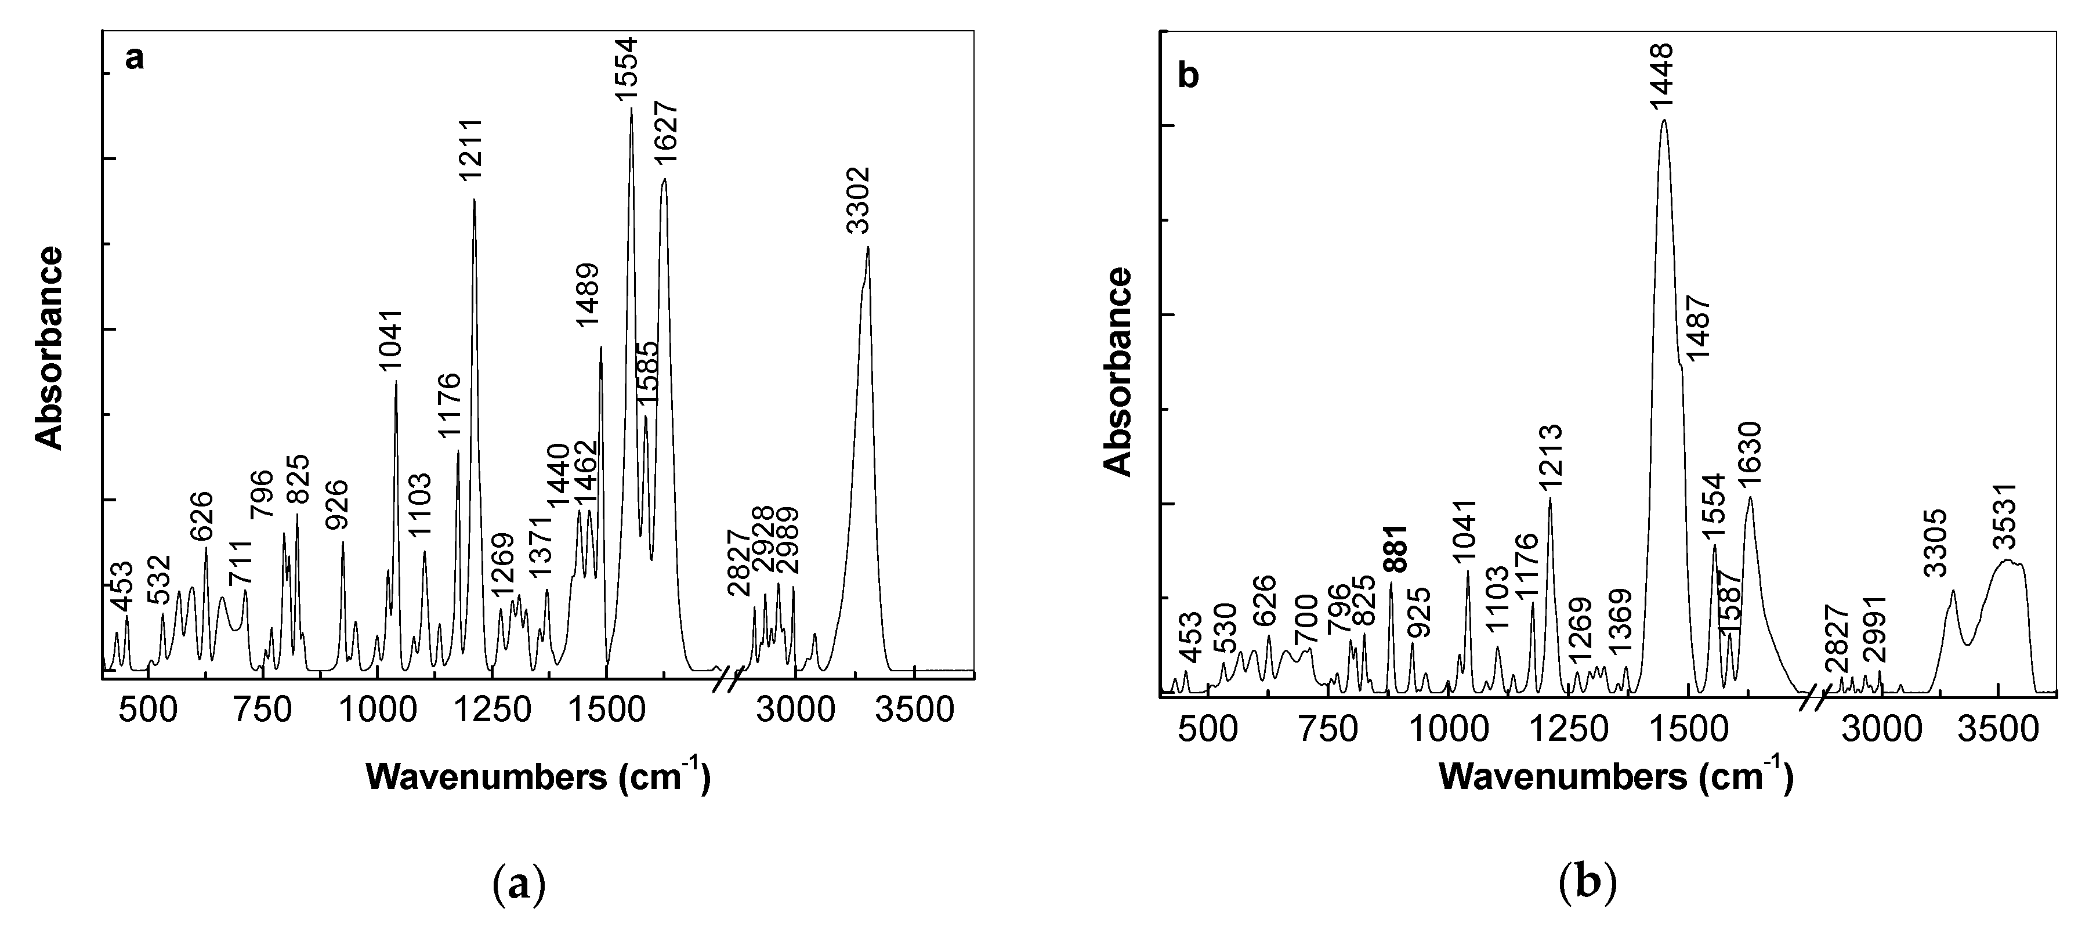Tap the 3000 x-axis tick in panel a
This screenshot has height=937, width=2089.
795,711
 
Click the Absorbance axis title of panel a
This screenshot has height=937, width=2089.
49,349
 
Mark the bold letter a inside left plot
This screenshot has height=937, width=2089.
134,59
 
